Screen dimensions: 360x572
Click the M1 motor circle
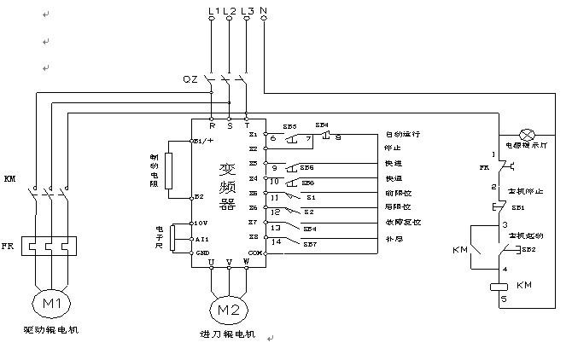pos(52,304)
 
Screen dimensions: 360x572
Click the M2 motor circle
pos(228,308)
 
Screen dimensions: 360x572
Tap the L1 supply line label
pos(213,11)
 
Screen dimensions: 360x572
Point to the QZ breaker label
pos(190,78)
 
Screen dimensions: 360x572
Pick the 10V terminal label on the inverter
pos(201,223)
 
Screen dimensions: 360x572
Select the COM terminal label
pos(254,253)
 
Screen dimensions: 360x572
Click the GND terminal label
pos(202,253)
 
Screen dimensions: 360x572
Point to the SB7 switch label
pos(310,245)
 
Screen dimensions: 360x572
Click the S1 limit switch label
pos(310,197)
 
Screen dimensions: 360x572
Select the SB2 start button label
pos(528,249)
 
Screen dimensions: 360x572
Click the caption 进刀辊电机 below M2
pos(226,334)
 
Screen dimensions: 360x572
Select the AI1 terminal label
pos(202,239)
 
